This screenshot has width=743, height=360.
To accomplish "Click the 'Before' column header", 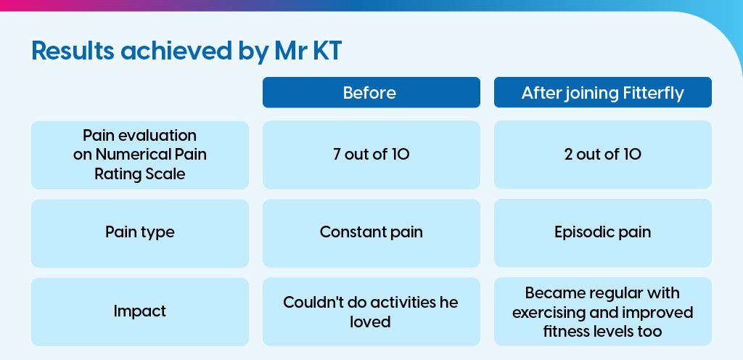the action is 371,92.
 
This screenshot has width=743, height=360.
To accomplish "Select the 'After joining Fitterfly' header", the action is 603,92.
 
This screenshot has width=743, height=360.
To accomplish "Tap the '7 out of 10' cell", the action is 371,155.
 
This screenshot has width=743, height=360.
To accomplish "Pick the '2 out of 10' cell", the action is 603,155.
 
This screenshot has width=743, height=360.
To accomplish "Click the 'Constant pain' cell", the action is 371,233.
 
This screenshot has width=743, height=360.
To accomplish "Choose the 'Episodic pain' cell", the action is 603,233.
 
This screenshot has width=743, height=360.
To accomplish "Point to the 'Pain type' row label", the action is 140,233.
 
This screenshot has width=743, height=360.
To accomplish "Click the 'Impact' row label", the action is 140,311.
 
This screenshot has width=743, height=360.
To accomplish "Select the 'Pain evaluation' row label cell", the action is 140,155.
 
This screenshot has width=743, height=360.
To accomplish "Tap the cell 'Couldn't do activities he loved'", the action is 371,311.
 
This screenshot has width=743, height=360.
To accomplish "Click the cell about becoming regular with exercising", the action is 603,311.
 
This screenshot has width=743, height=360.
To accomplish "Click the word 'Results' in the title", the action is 73,51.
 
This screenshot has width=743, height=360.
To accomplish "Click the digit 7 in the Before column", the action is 337,155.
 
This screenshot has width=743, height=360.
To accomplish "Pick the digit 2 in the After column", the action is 569,155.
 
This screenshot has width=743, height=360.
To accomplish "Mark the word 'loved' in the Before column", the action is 370,322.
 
